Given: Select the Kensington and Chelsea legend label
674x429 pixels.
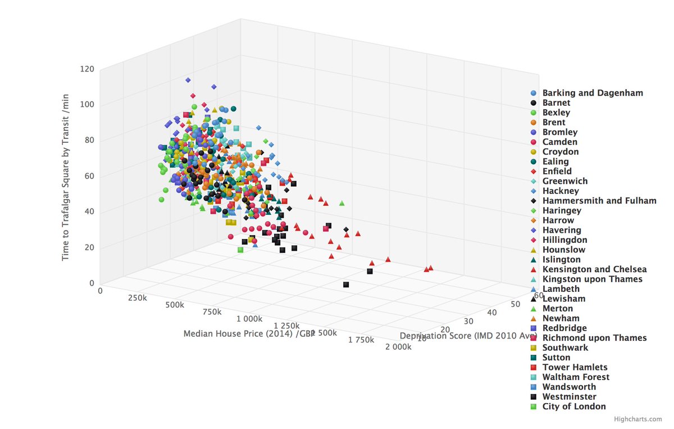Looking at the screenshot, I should (594, 269).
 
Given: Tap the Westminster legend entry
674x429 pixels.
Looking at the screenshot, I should (569, 396).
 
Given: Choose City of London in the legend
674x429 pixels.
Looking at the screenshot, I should (574, 407).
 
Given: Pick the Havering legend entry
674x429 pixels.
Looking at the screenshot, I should (562, 230).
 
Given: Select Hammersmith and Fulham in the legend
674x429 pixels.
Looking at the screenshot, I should (599, 201).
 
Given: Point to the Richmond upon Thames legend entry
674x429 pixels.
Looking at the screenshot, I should (594, 338).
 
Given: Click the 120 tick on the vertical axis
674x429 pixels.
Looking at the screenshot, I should (86, 69).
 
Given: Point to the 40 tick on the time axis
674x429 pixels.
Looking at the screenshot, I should (89, 212).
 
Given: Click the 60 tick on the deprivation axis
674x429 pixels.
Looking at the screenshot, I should (538, 295).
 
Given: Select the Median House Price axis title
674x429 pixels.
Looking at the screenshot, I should (248, 333).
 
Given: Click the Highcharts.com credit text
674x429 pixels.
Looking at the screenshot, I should (638, 419).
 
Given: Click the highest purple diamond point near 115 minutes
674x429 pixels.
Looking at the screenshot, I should (188, 80).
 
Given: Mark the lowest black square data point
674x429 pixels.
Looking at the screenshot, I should (346, 285).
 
